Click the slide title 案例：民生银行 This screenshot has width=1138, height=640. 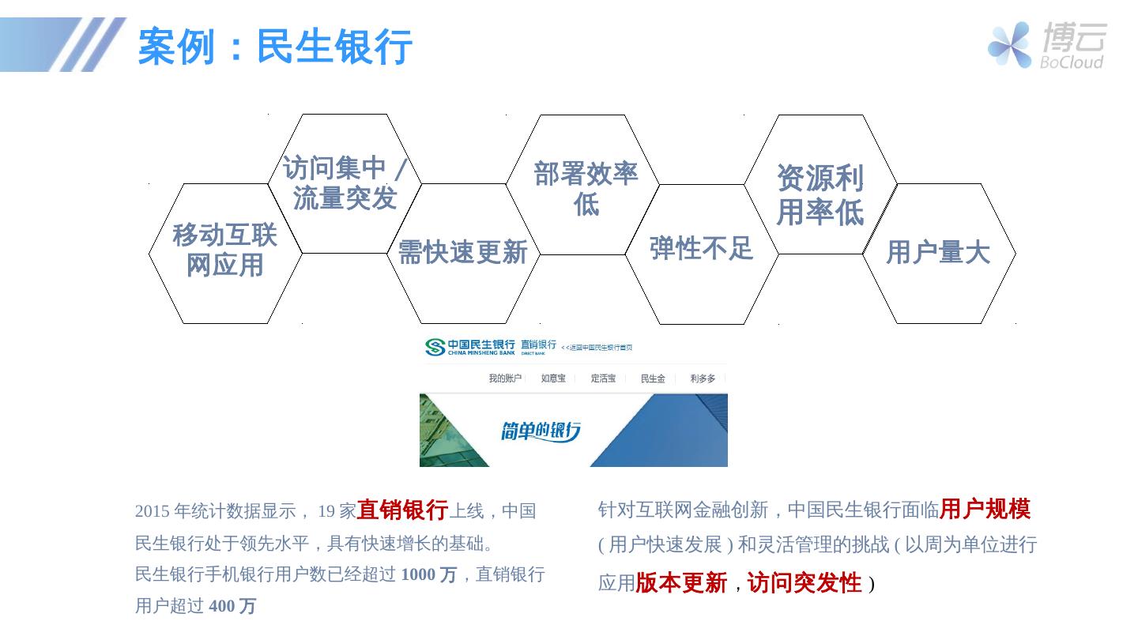tap(274, 46)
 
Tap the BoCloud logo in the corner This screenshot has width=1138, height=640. tap(1046, 45)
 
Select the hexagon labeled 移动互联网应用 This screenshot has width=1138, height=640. tap(225, 250)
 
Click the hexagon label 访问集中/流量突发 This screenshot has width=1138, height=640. tap(345, 183)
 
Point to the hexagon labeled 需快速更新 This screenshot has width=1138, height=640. tap(462, 253)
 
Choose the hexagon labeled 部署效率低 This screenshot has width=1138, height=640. tap(585, 188)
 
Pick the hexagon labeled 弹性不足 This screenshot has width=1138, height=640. tap(701, 248)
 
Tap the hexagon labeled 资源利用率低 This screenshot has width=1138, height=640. tap(820, 194)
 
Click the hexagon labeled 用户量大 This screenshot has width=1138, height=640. tap(937, 253)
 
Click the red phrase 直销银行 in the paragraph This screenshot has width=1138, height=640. tap(402, 510)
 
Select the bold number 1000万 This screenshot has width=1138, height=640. tap(428, 574)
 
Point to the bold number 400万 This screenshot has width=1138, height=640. tap(232, 606)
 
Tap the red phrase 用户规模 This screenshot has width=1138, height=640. tap(985, 510)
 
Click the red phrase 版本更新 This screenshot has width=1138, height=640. tap(681, 583)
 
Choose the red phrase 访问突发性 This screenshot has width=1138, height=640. tap(805, 583)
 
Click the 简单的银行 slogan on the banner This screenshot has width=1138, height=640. tap(541, 431)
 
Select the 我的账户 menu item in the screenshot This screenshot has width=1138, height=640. tap(505, 378)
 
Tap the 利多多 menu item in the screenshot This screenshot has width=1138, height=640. tap(703, 378)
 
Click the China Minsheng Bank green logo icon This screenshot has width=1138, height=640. tap(435, 347)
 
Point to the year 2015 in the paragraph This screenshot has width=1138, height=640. tap(152, 511)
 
